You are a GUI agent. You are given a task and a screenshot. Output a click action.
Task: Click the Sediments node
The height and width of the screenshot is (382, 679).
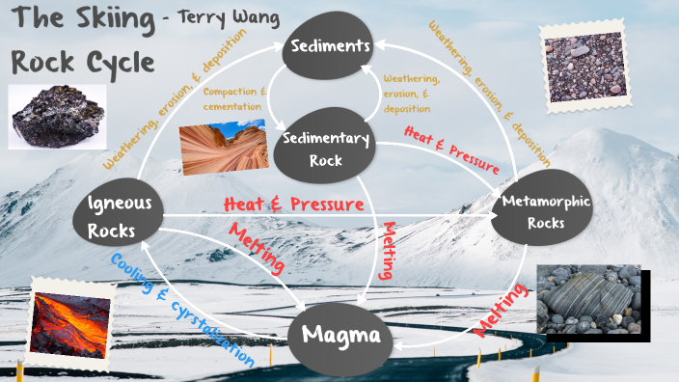(326, 46)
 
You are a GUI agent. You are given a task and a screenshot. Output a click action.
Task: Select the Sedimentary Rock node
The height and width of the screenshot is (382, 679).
(326, 150)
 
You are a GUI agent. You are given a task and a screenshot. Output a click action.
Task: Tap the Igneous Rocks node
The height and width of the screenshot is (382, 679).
(118, 217)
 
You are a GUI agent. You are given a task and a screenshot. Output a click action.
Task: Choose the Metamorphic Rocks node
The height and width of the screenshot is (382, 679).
(546, 211)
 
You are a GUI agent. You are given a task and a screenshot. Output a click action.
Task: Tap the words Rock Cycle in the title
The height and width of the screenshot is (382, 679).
(83, 61)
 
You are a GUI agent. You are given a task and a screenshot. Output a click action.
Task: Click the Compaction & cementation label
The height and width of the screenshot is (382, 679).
(235, 98)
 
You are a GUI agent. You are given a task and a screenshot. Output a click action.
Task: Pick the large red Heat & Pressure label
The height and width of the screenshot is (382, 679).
(293, 204)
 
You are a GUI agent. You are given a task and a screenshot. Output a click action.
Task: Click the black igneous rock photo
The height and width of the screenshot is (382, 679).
(57, 117)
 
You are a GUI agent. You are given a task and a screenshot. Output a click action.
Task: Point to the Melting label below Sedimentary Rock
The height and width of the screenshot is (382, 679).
(387, 250)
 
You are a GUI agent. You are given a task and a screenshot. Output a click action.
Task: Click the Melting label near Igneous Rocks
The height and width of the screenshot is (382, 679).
(256, 247)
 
